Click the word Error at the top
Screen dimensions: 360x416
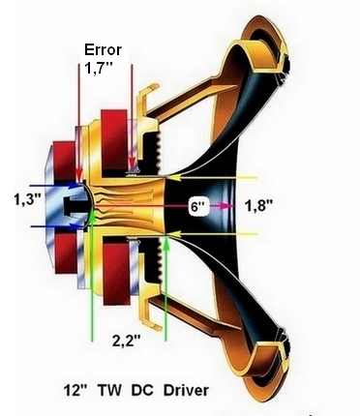coord(103,50)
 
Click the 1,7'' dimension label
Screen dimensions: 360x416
coord(98,68)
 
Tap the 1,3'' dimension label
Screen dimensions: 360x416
coord(27,199)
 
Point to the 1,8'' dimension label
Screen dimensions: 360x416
coord(259,206)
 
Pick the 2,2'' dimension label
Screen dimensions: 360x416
coord(127,341)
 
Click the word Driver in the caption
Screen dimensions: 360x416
coord(186,391)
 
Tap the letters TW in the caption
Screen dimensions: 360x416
coord(109,391)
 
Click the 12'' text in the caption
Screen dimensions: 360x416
coord(75,390)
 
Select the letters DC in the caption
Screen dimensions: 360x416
coord(142,391)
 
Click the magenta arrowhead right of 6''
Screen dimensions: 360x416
coord(226,206)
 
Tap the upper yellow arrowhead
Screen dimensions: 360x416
coord(172,177)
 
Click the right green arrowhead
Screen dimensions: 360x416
coord(166,244)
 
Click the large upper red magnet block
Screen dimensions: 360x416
coord(114,139)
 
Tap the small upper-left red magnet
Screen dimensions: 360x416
coord(65,162)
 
